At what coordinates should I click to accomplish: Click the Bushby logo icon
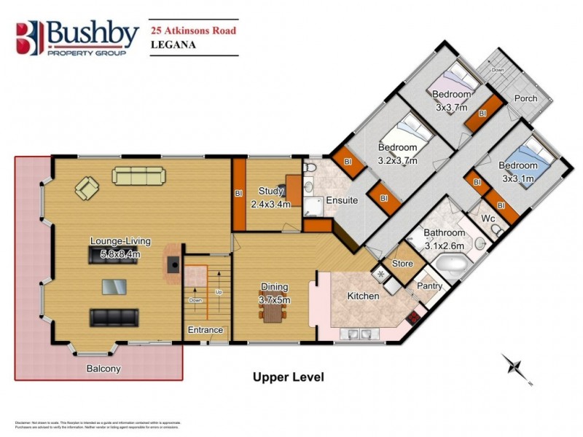[x=31, y=39]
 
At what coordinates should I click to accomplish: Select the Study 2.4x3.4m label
[x=270, y=197]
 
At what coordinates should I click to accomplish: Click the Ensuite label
[x=341, y=200]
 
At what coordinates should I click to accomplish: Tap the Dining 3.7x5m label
[x=275, y=293]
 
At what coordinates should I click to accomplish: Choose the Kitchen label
[x=363, y=296]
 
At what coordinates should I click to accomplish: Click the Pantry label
[x=429, y=286]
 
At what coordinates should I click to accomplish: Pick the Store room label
[x=402, y=264]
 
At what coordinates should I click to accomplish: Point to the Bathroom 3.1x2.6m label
[x=445, y=240]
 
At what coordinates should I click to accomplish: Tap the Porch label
[x=525, y=98]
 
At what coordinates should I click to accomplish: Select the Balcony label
[x=103, y=369]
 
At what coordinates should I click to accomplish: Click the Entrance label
[x=206, y=330]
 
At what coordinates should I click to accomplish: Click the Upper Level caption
[x=288, y=377]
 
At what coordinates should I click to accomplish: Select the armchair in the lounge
[x=87, y=189]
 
